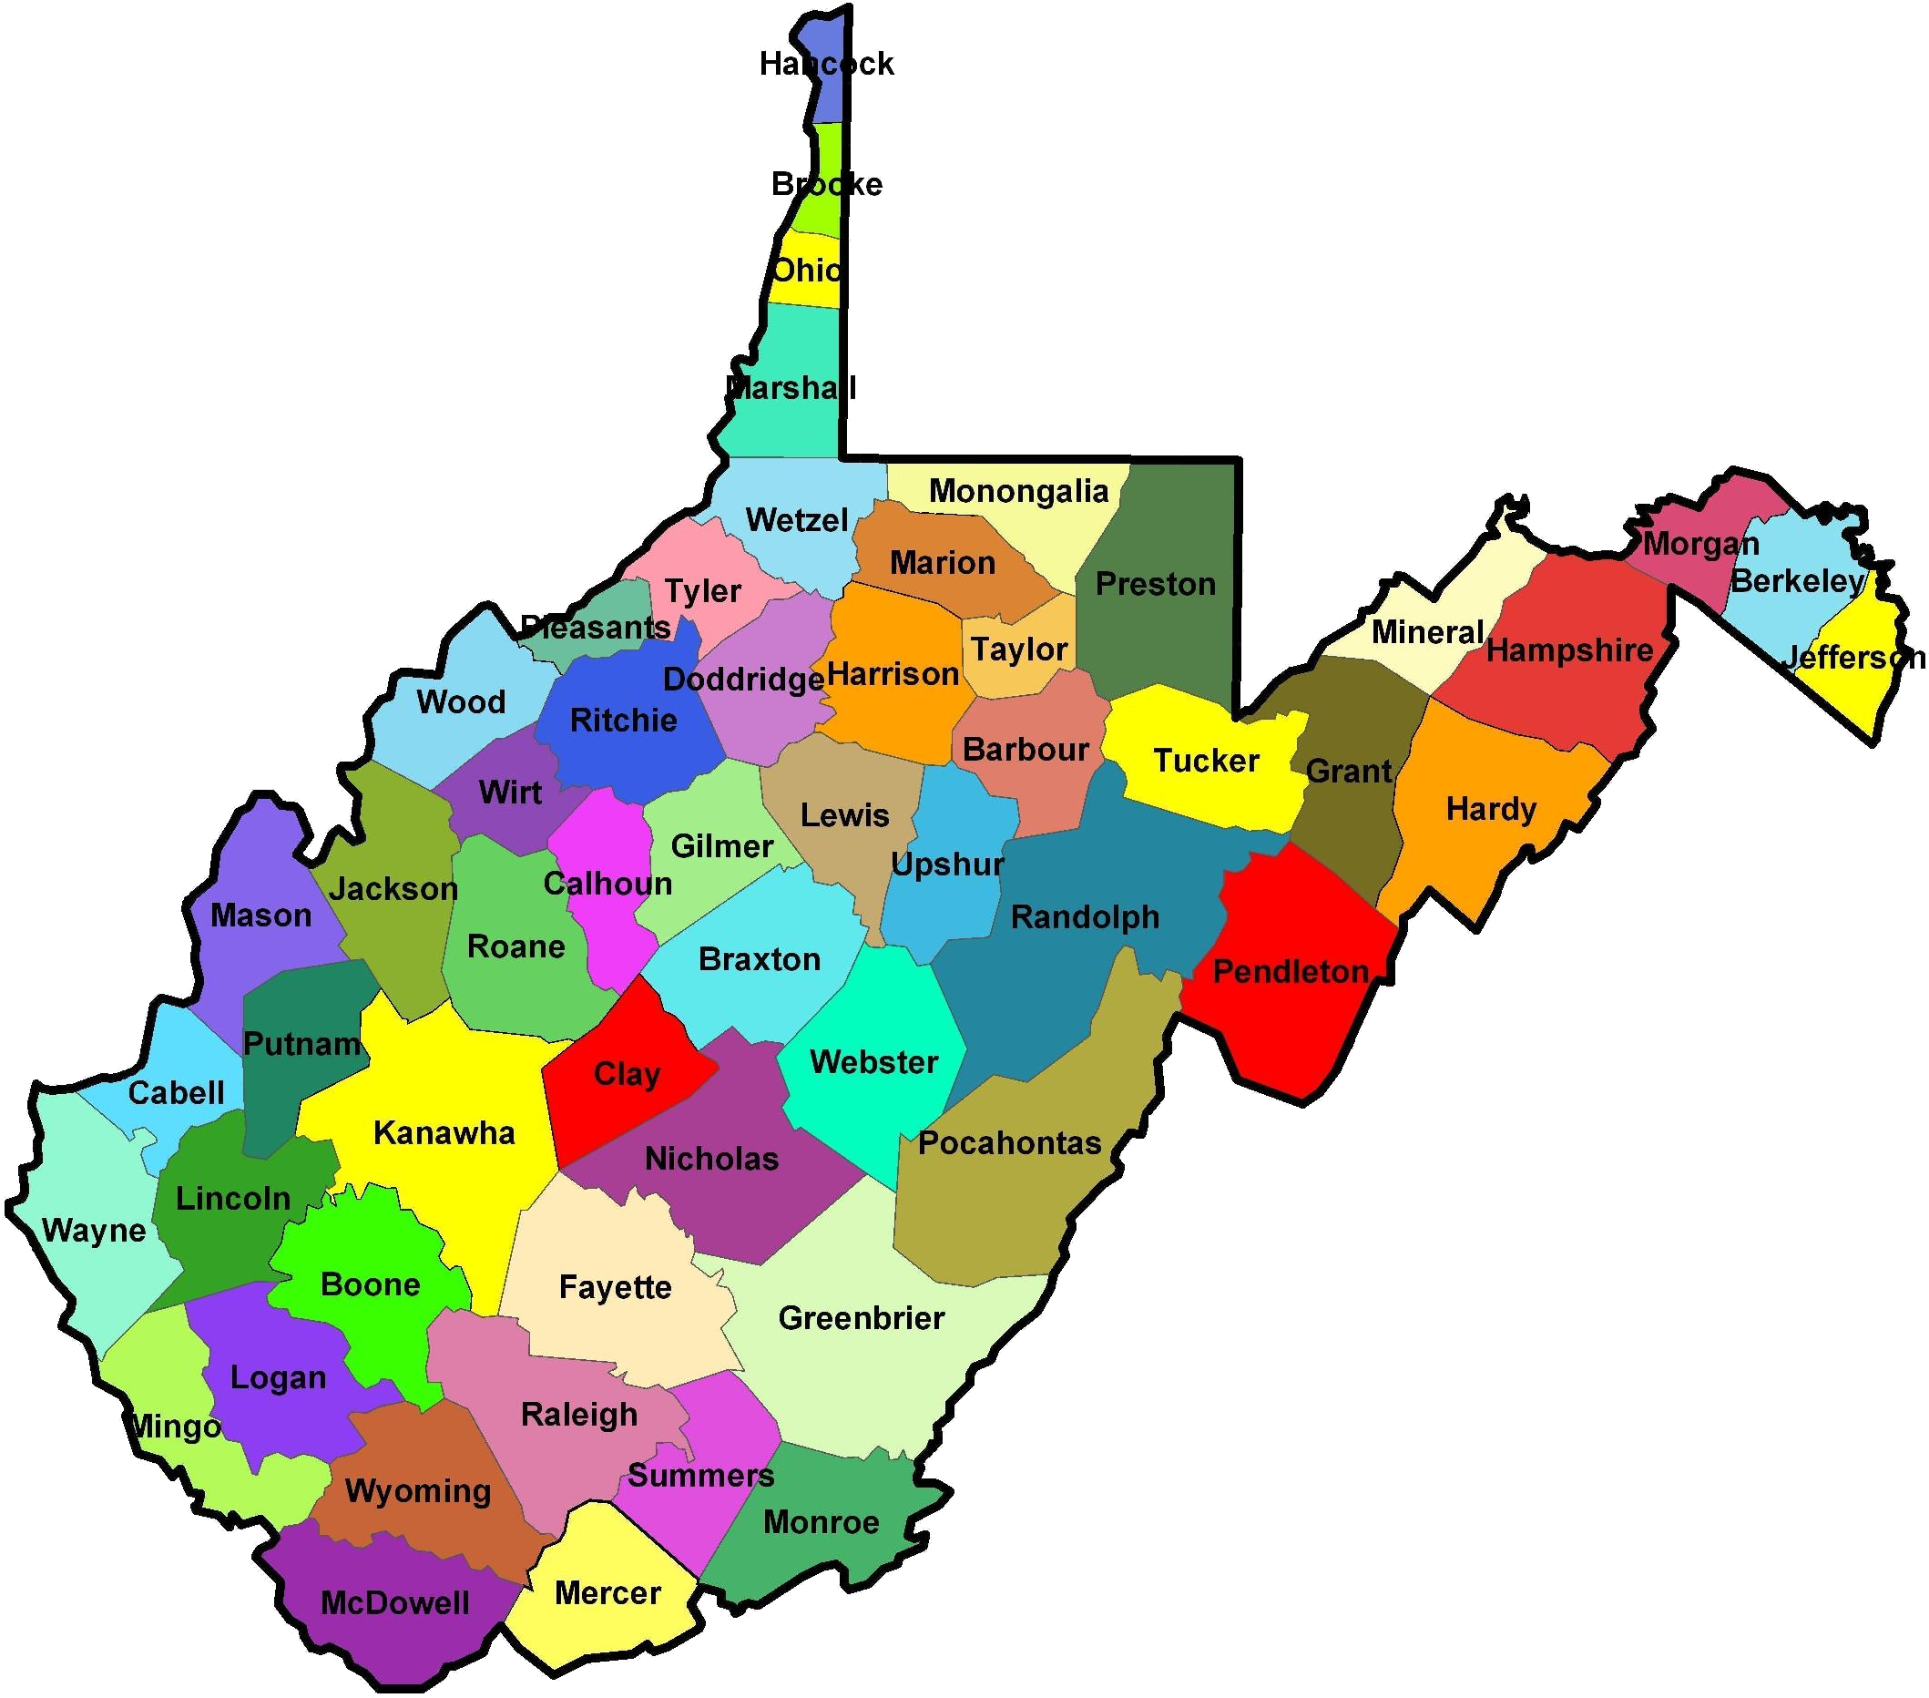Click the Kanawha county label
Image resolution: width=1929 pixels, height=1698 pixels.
tap(444, 1132)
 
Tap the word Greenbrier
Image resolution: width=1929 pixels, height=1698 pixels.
tap(861, 1317)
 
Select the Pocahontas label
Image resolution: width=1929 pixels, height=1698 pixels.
tap(1010, 1143)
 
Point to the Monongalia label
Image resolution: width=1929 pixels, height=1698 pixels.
tap(1018, 491)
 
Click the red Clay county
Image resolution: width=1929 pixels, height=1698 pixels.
tap(627, 1074)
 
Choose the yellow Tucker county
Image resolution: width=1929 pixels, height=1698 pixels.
tap(1206, 761)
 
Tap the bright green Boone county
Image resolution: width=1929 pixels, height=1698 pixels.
tap(370, 1284)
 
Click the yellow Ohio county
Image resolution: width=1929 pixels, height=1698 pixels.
tap(805, 271)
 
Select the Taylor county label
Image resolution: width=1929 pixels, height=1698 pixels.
tap(1019, 650)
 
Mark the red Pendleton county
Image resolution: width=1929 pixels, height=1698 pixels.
tap(1289, 972)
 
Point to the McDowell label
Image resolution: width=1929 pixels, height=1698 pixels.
tap(394, 1602)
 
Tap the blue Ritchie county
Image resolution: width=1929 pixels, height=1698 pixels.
tap(624, 721)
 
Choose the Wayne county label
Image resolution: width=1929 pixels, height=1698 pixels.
tap(94, 1231)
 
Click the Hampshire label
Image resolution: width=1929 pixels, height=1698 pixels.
tap(1569, 650)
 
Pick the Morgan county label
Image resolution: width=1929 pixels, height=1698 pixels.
tap(1700, 545)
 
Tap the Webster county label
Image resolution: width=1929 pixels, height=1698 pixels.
tap(874, 1062)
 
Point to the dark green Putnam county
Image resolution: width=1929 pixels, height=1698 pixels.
tap(302, 1044)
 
